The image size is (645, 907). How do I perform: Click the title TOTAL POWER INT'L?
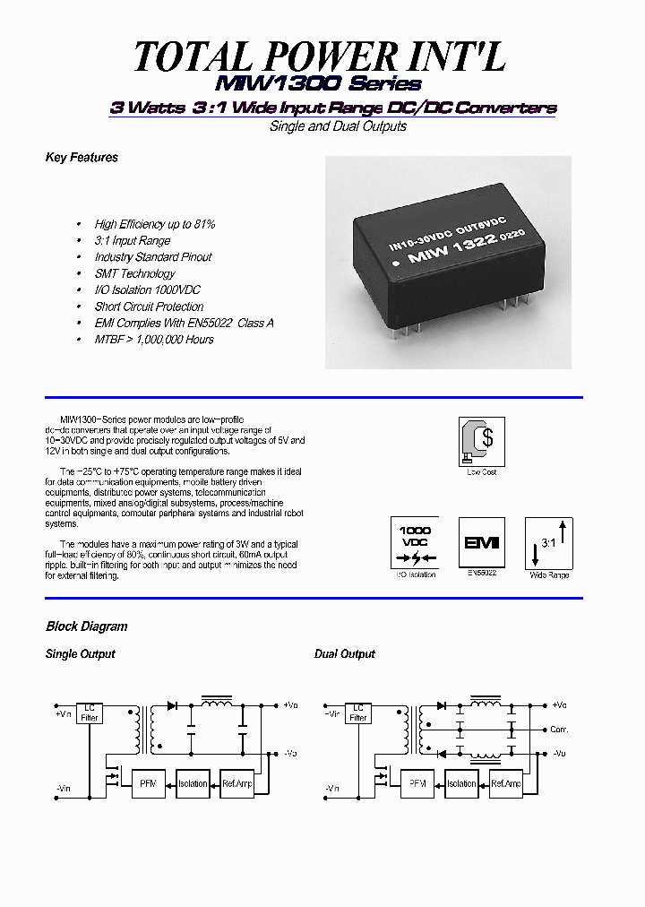tap(320, 56)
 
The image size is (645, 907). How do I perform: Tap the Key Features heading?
tap(82, 158)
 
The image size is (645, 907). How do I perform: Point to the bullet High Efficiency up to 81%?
tap(155, 224)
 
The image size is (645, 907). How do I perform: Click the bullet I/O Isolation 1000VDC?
tap(148, 290)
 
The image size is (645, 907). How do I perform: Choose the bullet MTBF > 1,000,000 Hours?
tap(154, 340)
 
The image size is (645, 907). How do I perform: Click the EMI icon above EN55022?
tap(481, 542)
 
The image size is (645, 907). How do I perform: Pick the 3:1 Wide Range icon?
tap(548, 542)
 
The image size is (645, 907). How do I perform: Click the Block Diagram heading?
tap(86, 626)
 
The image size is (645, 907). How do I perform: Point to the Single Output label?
tap(81, 654)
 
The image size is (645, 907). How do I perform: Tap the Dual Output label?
tap(344, 654)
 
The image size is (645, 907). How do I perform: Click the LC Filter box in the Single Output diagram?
tap(90, 713)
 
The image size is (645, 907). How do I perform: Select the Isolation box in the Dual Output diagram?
tap(461, 783)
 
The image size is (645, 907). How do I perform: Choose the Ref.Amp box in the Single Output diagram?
tap(237, 783)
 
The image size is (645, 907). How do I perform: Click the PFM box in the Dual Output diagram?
tap(417, 783)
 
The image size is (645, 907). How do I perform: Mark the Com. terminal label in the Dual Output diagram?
tap(560, 730)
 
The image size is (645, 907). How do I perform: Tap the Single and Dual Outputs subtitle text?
tap(338, 126)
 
